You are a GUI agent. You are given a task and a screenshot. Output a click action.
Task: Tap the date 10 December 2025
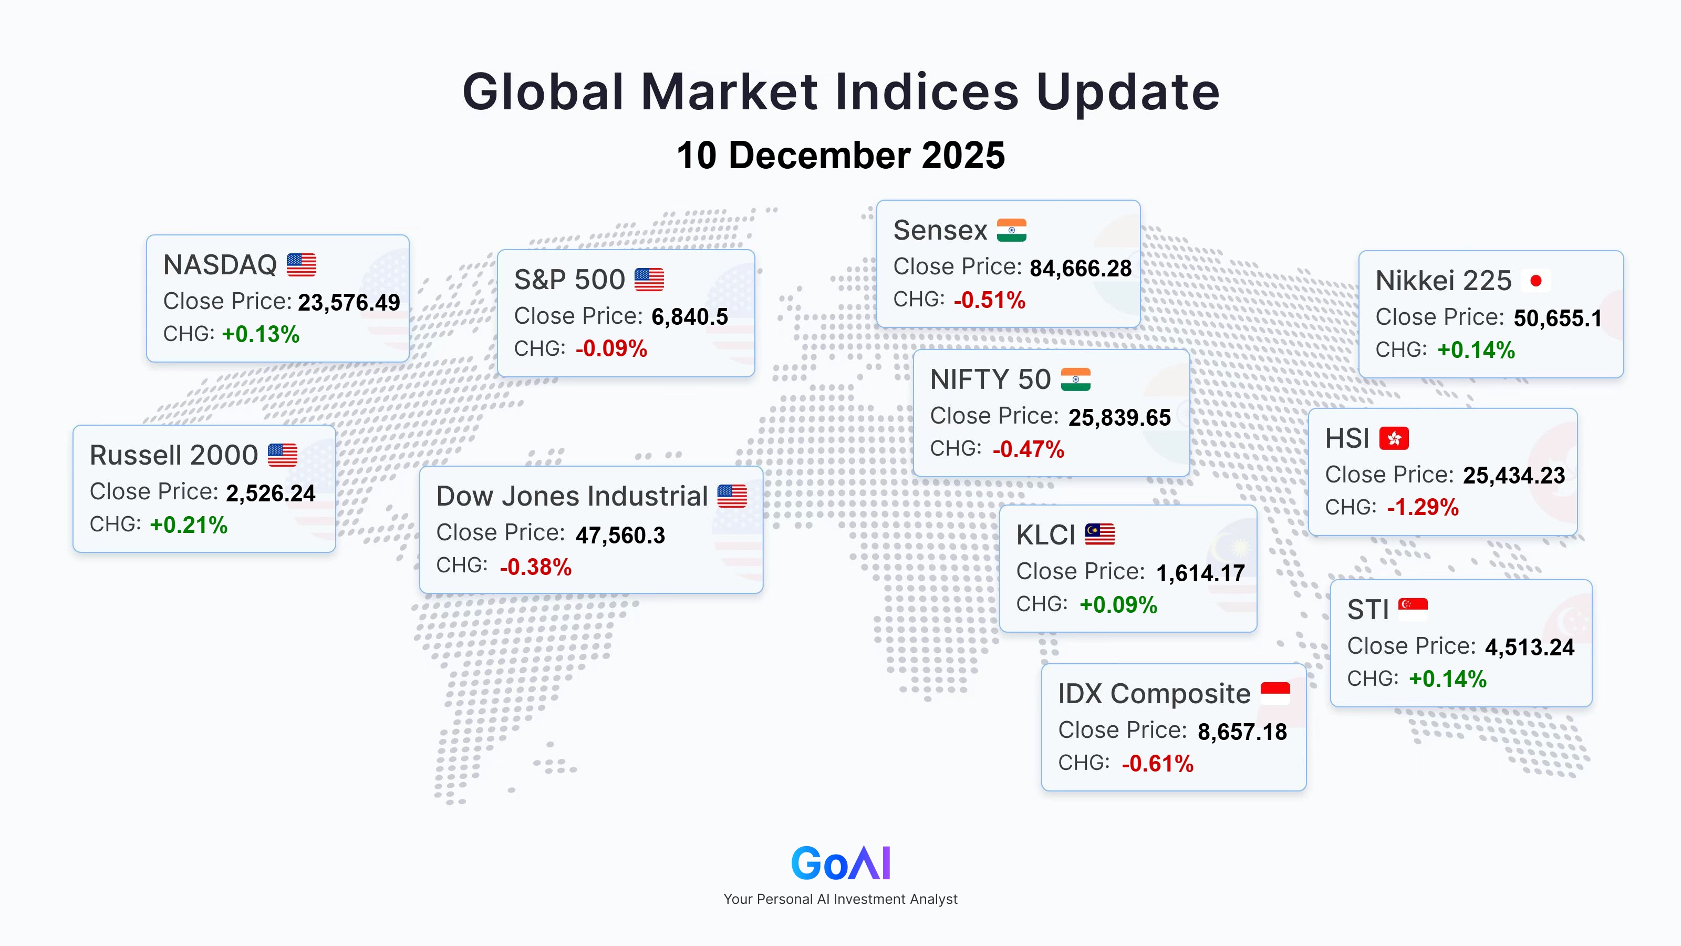[840, 156]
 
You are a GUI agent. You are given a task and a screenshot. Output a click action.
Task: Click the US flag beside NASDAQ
[302, 264]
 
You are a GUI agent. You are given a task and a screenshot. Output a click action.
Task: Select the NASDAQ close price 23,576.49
[349, 303]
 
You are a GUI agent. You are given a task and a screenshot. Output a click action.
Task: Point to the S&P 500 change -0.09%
[611, 348]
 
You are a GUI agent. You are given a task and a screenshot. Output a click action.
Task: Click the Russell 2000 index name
[173, 455]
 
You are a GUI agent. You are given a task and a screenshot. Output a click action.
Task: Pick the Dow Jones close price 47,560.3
[620, 536]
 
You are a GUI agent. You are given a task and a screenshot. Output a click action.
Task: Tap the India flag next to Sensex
[1011, 230]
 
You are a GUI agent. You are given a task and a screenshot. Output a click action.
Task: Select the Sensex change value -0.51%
[989, 300]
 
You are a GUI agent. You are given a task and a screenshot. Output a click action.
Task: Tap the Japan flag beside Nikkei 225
[1535, 281]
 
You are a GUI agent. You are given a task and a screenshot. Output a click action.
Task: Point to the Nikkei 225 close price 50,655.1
[1558, 318]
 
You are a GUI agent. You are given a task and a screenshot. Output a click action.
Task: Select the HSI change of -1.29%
[1423, 507]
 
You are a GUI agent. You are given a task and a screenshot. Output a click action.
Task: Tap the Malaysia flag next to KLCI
[1099, 534]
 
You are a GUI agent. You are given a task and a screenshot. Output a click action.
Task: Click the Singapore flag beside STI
[1413, 609]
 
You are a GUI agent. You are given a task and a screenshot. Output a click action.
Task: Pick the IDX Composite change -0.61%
[1158, 764]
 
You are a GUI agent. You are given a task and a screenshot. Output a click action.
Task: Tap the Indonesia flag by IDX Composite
[1275, 693]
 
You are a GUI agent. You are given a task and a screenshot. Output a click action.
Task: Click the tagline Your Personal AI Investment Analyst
[840, 899]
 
